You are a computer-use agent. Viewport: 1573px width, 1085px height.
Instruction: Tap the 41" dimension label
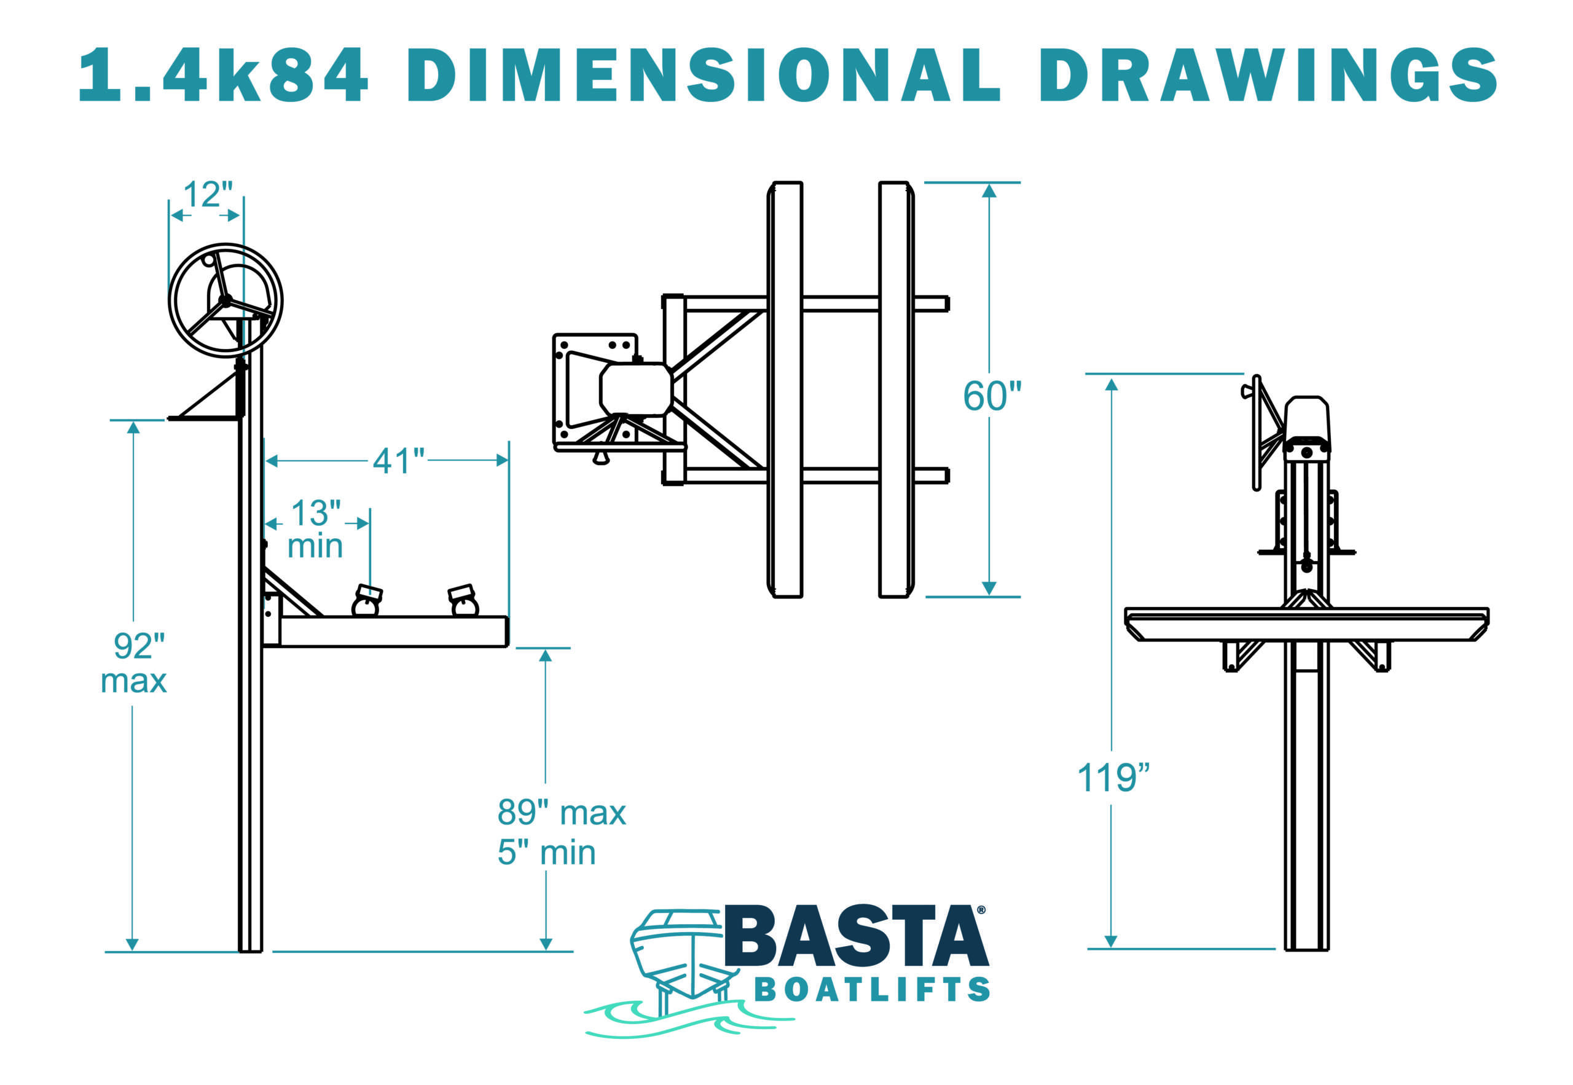[398, 461]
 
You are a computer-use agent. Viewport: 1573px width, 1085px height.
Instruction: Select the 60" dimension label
[992, 396]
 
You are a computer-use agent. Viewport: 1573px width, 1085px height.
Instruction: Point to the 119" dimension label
[1113, 778]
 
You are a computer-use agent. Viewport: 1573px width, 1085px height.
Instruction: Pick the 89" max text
[561, 812]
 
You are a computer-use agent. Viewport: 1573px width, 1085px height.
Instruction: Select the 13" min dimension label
[315, 530]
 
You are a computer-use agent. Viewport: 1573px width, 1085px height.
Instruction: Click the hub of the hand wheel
[225, 300]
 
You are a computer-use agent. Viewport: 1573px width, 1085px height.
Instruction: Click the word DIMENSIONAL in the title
[704, 75]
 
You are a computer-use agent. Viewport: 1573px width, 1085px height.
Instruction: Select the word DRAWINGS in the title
[1268, 75]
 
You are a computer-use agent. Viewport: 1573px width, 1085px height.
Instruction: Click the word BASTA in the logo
[855, 938]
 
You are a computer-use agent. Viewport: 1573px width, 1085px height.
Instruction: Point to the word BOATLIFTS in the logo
[872, 990]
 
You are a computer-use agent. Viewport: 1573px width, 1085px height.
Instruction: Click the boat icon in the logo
[680, 958]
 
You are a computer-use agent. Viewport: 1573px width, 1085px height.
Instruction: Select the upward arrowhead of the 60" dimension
[989, 191]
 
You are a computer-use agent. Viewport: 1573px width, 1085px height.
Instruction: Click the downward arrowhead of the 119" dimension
[1111, 941]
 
